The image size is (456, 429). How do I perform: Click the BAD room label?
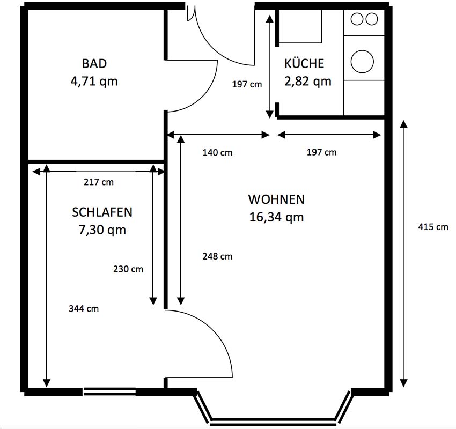click(x=94, y=64)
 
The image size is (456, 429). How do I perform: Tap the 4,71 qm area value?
click(x=94, y=82)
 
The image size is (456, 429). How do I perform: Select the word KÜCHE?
click(x=304, y=63)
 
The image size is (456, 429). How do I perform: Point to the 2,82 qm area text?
click(x=308, y=82)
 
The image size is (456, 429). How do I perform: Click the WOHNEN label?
click(x=276, y=199)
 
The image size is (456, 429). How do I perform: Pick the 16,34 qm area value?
click(x=277, y=217)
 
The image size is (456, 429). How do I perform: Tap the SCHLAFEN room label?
click(x=102, y=212)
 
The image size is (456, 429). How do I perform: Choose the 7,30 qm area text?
click(x=102, y=230)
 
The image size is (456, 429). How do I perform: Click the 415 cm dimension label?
click(x=433, y=227)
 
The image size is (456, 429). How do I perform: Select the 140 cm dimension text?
click(x=217, y=153)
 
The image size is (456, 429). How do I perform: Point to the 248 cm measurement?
click(x=217, y=256)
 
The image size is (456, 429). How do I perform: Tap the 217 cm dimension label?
click(x=99, y=182)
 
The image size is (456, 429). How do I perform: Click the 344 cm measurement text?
click(x=84, y=308)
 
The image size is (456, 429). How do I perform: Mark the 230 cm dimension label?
click(x=128, y=269)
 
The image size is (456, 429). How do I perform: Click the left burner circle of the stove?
click(x=357, y=19)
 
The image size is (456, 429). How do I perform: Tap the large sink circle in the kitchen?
click(x=362, y=62)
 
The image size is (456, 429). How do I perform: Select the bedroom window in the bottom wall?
click(x=109, y=391)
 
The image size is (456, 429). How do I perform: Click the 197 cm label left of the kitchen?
click(x=247, y=84)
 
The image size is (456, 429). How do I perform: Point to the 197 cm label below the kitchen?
click(x=322, y=152)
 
